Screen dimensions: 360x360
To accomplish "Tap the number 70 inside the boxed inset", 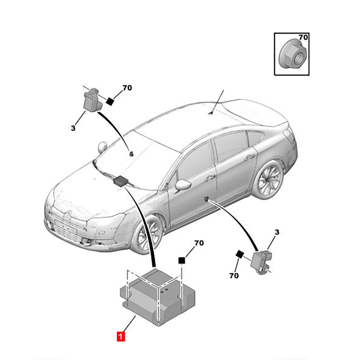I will pos(303,37).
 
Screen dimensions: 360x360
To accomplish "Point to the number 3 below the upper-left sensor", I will pos(73,128).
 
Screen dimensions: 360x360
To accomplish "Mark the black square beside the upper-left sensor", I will pos(111,102).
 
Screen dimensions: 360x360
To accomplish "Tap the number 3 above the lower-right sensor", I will pos(276,233).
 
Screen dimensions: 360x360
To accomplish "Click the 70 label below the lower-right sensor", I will pos(234,276).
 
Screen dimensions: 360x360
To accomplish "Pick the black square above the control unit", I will pos(182,260).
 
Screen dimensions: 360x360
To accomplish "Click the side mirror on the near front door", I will pos(183,185).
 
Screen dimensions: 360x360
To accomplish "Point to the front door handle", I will pos(210,179).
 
